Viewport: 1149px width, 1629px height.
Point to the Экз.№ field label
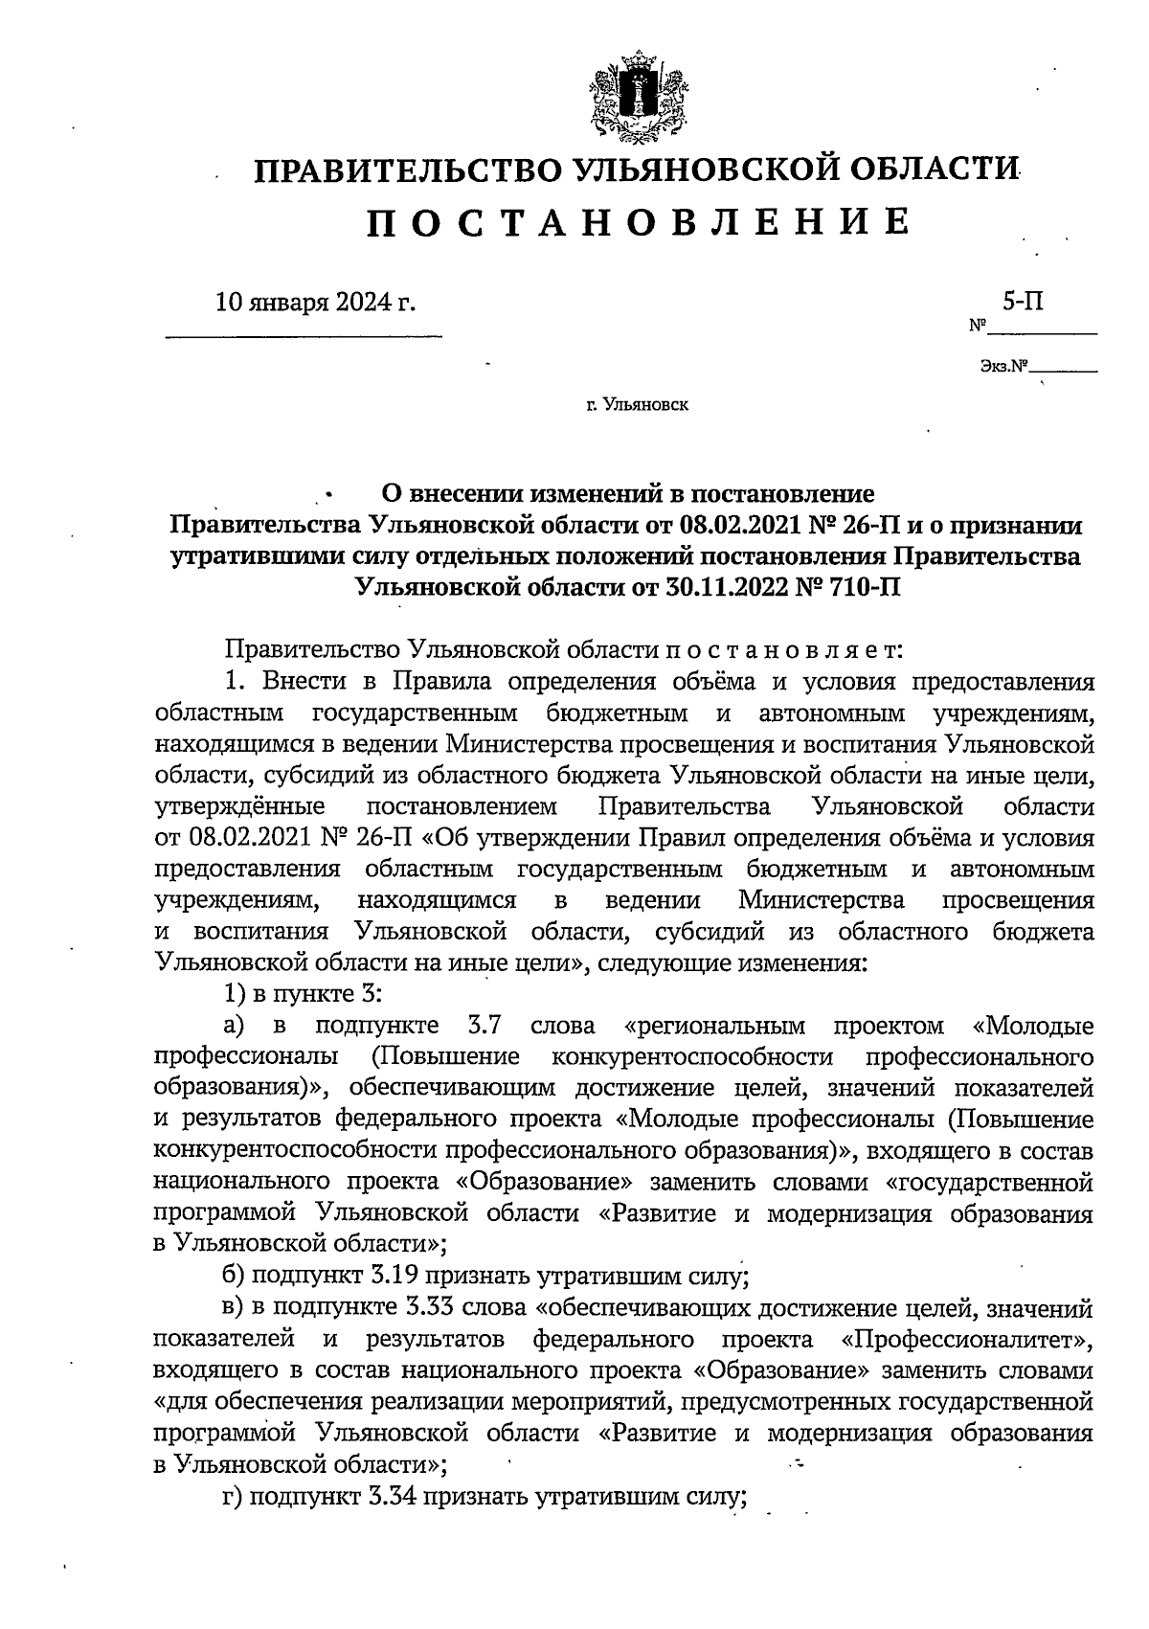point(1003,366)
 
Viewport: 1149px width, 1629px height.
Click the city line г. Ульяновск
point(638,405)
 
